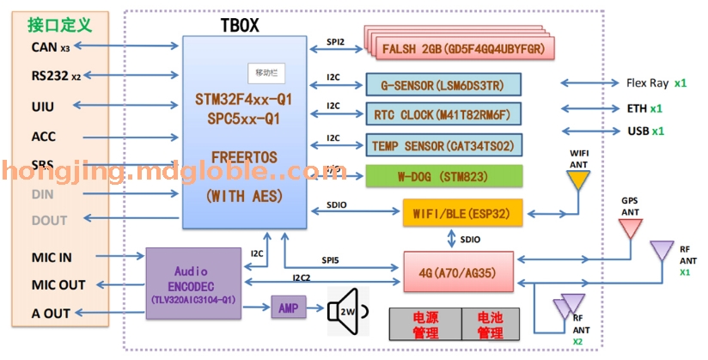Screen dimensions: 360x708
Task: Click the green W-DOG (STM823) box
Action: tap(443, 175)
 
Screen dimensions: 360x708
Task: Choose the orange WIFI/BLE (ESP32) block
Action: tap(462, 212)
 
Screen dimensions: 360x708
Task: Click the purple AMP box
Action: tap(289, 307)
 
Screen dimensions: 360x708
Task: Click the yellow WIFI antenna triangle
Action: tap(577, 179)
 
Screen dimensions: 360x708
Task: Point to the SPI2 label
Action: tap(335, 41)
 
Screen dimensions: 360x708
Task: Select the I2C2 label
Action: tap(302, 278)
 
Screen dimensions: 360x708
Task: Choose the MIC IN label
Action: tap(52, 256)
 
